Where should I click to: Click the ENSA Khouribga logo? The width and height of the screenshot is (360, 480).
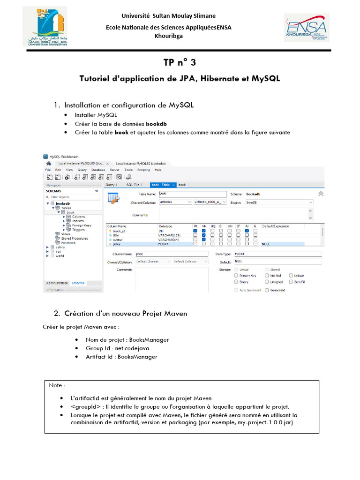pos(307,28)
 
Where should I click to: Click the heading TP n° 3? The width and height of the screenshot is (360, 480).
pos(180,62)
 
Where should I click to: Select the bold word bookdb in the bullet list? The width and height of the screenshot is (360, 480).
pos(156,124)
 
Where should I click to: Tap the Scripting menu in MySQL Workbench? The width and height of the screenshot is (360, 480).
pos(143,170)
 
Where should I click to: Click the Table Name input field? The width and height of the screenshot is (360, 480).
pos(192,194)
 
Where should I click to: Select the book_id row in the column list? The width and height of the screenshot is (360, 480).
pos(120,231)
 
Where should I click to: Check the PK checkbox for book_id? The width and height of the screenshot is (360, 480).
pos(195,231)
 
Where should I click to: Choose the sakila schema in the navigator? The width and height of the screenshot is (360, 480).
pos(60,247)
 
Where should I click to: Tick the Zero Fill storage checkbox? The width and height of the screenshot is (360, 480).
pos(291,282)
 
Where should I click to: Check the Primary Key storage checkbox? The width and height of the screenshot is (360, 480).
pos(236,276)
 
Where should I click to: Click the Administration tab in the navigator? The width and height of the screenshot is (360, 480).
pos(57,283)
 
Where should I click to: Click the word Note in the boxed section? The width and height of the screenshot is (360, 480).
pos(56,385)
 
